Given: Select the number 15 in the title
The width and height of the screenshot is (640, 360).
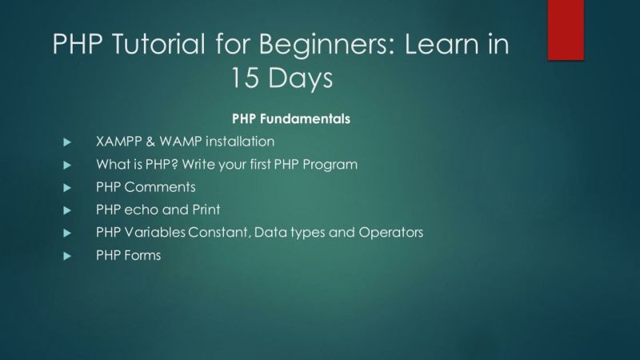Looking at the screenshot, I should [247, 78].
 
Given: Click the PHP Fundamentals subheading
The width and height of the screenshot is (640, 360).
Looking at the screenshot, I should [291, 118].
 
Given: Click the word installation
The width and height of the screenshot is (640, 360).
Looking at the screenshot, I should [240, 142].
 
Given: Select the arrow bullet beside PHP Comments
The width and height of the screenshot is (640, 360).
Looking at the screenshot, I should [68, 187].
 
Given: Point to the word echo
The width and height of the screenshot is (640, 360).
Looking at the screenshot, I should [140, 210].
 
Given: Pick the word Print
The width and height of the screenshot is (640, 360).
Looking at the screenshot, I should [203, 210].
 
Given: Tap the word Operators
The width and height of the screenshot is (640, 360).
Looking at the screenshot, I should [391, 233].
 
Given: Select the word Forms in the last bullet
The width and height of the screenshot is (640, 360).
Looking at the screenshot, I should [142, 256].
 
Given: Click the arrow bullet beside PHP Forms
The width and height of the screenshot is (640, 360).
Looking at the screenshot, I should [68, 256].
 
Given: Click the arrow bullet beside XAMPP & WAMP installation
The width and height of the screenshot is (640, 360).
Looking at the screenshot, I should [68, 142].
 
